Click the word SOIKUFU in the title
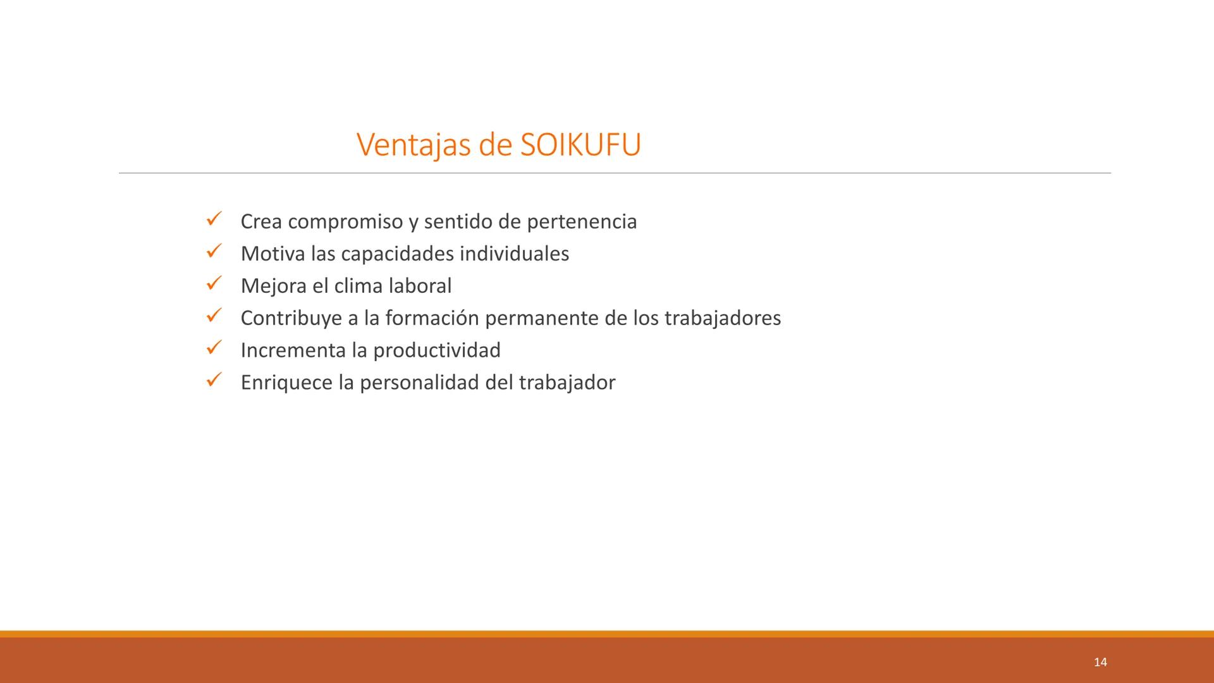point(580,144)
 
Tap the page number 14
point(1100,662)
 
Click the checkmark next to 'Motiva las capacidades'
point(213,252)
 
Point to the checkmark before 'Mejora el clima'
point(213,284)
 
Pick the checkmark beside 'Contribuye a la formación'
point(213,316)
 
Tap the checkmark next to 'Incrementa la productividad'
point(213,348)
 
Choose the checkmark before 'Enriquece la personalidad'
point(213,380)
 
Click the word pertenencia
point(582,222)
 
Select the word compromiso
point(345,223)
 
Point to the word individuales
point(514,254)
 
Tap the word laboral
point(420,286)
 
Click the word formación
point(432,318)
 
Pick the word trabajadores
point(723,318)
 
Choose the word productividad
point(437,350)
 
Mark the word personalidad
point(419,383)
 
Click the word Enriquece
point(286,383)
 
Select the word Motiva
point(273,254)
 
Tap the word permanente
point(542,319)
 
